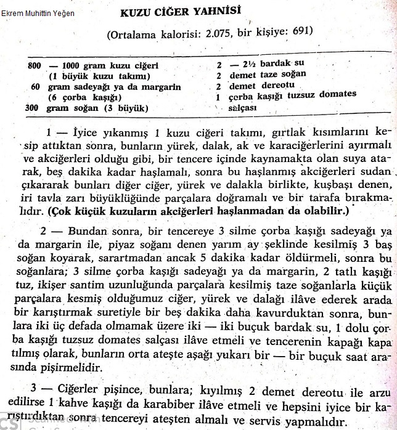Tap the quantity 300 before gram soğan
pyautogui.click(x=35, y=108)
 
